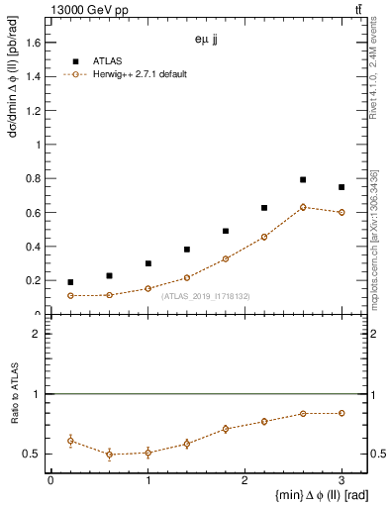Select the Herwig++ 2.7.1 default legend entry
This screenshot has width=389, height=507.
coord(138,74)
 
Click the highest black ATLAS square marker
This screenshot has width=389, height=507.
coord(303,179)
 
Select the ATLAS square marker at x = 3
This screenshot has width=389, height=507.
coord(341,187)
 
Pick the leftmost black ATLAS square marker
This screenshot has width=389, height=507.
coord(70,282)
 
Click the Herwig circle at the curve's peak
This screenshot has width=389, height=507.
coord(303,207)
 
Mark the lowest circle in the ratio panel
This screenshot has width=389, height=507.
coord(109,455)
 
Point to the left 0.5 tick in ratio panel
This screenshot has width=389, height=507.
coord(37,454)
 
